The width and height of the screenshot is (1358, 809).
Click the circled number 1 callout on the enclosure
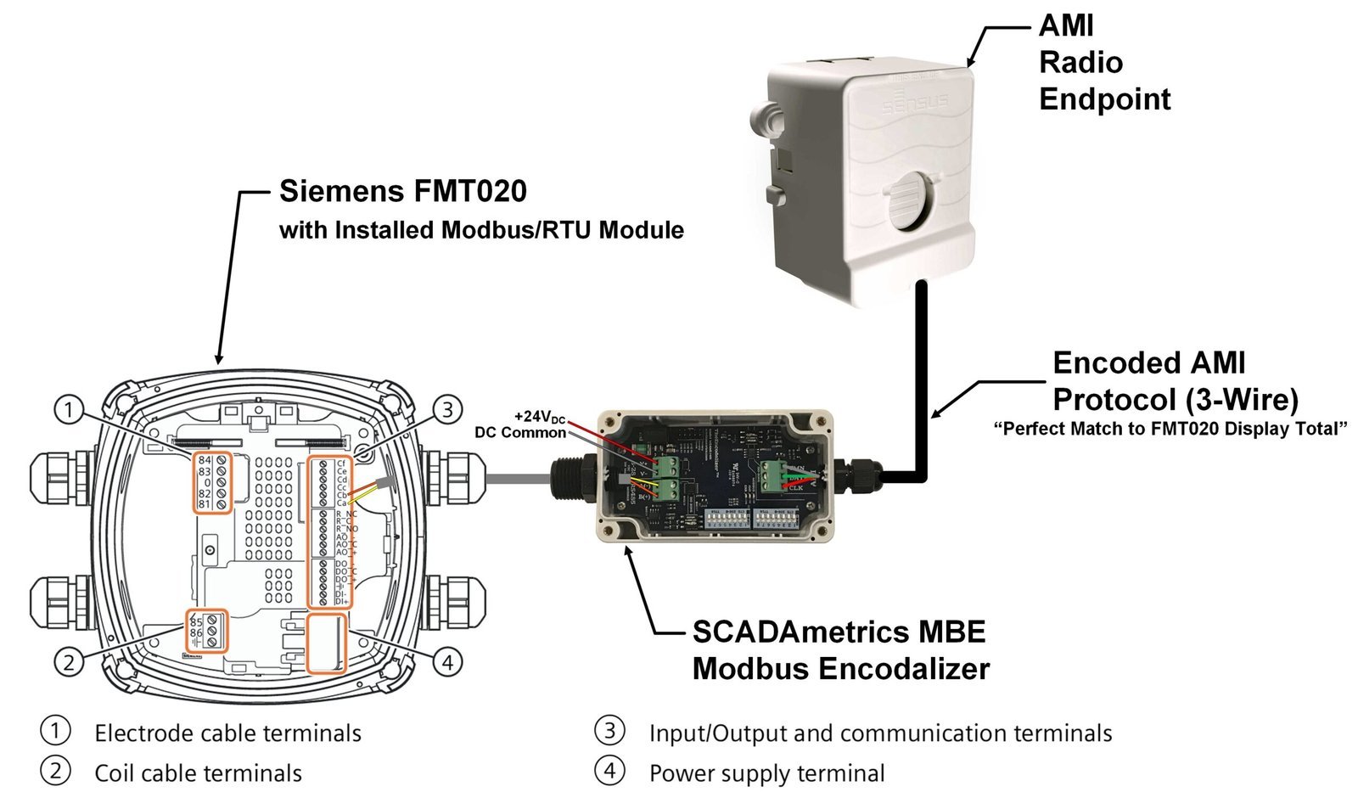click(69, 411)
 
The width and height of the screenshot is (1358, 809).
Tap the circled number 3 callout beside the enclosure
click(447, 411)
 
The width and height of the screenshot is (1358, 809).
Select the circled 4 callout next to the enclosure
click(447, 661)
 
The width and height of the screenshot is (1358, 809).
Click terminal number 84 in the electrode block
click(205, 461)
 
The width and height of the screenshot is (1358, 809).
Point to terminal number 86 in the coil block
click(196, 633)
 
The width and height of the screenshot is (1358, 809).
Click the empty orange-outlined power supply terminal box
click(327, 643)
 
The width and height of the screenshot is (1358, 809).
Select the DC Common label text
click(519, 433)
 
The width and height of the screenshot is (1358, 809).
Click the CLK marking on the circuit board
click(796, 487)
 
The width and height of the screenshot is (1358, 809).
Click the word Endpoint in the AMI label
click(1104, 99)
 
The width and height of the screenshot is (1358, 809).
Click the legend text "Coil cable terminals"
click(198, 773)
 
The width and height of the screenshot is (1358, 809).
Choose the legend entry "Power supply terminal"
click(766, 773)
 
